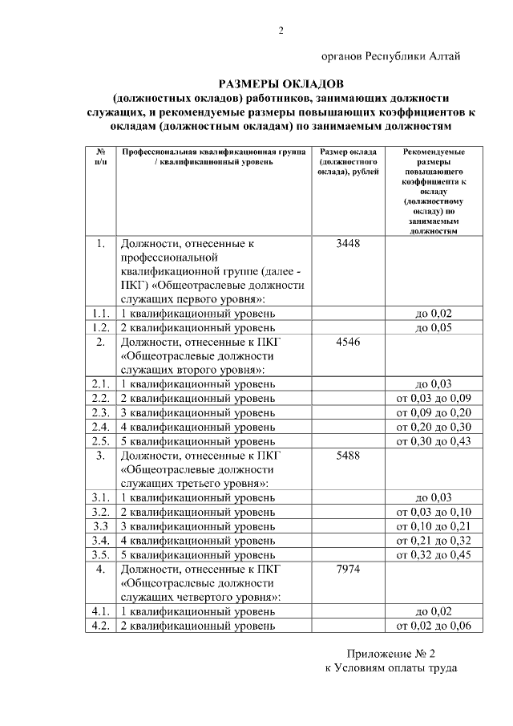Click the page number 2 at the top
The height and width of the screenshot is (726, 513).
click(281, 31)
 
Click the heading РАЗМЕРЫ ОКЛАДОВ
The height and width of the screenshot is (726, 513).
click(281, 83)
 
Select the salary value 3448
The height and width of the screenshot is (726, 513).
click(349, 244)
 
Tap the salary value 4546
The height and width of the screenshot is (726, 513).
click(349, 341)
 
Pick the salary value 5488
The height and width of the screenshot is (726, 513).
click(349, 455)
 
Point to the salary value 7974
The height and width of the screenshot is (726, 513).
click(349, 569)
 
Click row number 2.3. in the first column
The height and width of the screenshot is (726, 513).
click(100, 412)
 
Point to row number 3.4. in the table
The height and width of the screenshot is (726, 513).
click(100, 540)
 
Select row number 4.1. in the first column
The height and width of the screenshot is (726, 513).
click(100, 611)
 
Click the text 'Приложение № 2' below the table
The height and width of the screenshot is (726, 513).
click(390, 654)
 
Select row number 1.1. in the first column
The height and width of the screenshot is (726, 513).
click(100, 313)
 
